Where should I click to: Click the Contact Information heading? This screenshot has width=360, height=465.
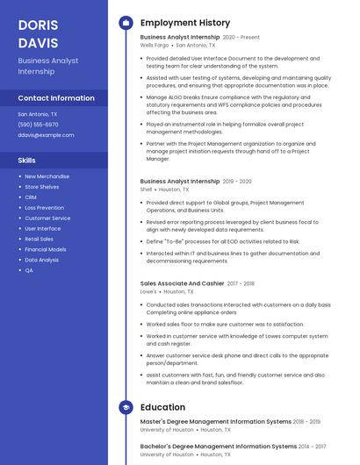[56, 98]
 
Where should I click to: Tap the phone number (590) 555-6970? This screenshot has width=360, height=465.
[38, 125]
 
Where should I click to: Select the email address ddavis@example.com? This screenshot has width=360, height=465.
[46, 135]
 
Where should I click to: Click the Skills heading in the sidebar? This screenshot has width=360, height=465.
[27, 161]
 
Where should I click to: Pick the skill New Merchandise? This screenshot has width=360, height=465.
[47, 176]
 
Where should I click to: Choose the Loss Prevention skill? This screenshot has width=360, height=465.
[44, 208]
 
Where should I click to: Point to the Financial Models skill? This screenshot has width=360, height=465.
[45, 249]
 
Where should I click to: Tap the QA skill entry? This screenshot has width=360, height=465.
[29, 270]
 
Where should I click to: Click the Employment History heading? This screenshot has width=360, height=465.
[185, 23]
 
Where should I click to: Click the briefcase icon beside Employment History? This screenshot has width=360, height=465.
[126, 23]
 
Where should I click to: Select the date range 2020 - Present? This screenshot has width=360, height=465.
[241, 38]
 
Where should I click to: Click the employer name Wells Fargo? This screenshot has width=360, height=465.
[155, 45]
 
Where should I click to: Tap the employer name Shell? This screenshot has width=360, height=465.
[147, 189]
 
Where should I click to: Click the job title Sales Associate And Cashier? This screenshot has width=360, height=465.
[182, 283]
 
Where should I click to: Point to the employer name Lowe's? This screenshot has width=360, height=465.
[148, 291]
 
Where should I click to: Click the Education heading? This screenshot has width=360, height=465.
[162, 407]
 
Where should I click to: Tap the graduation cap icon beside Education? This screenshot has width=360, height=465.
[126, 407]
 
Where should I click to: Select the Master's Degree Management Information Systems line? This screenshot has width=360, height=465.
[216, 422]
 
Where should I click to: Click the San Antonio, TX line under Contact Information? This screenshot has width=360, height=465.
[38, 114]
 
